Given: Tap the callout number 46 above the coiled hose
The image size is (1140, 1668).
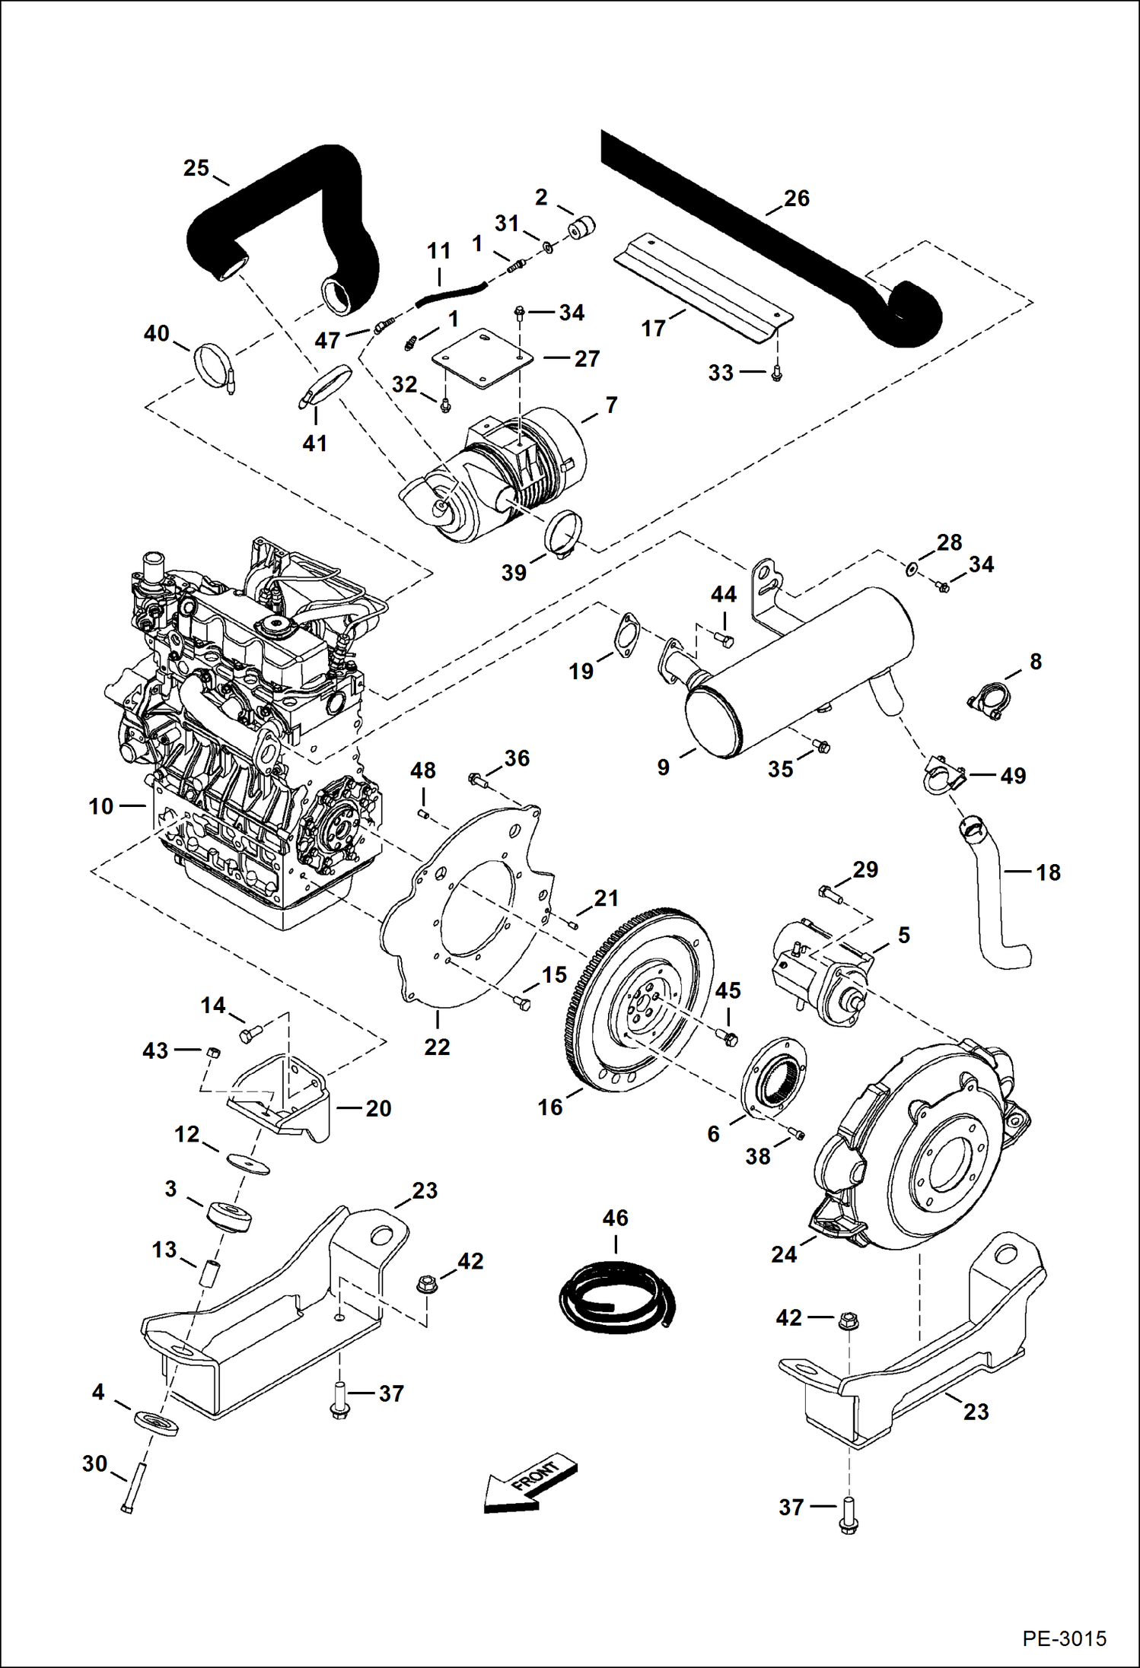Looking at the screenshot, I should coord(615,1218).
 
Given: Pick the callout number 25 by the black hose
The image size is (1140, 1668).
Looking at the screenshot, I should coord(196,167).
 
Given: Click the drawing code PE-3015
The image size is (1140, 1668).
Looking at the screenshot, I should coord(1064,1638).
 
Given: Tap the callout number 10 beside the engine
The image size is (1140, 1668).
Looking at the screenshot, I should coord(100,806).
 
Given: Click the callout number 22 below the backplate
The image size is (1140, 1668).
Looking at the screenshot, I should coord(437,1047).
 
